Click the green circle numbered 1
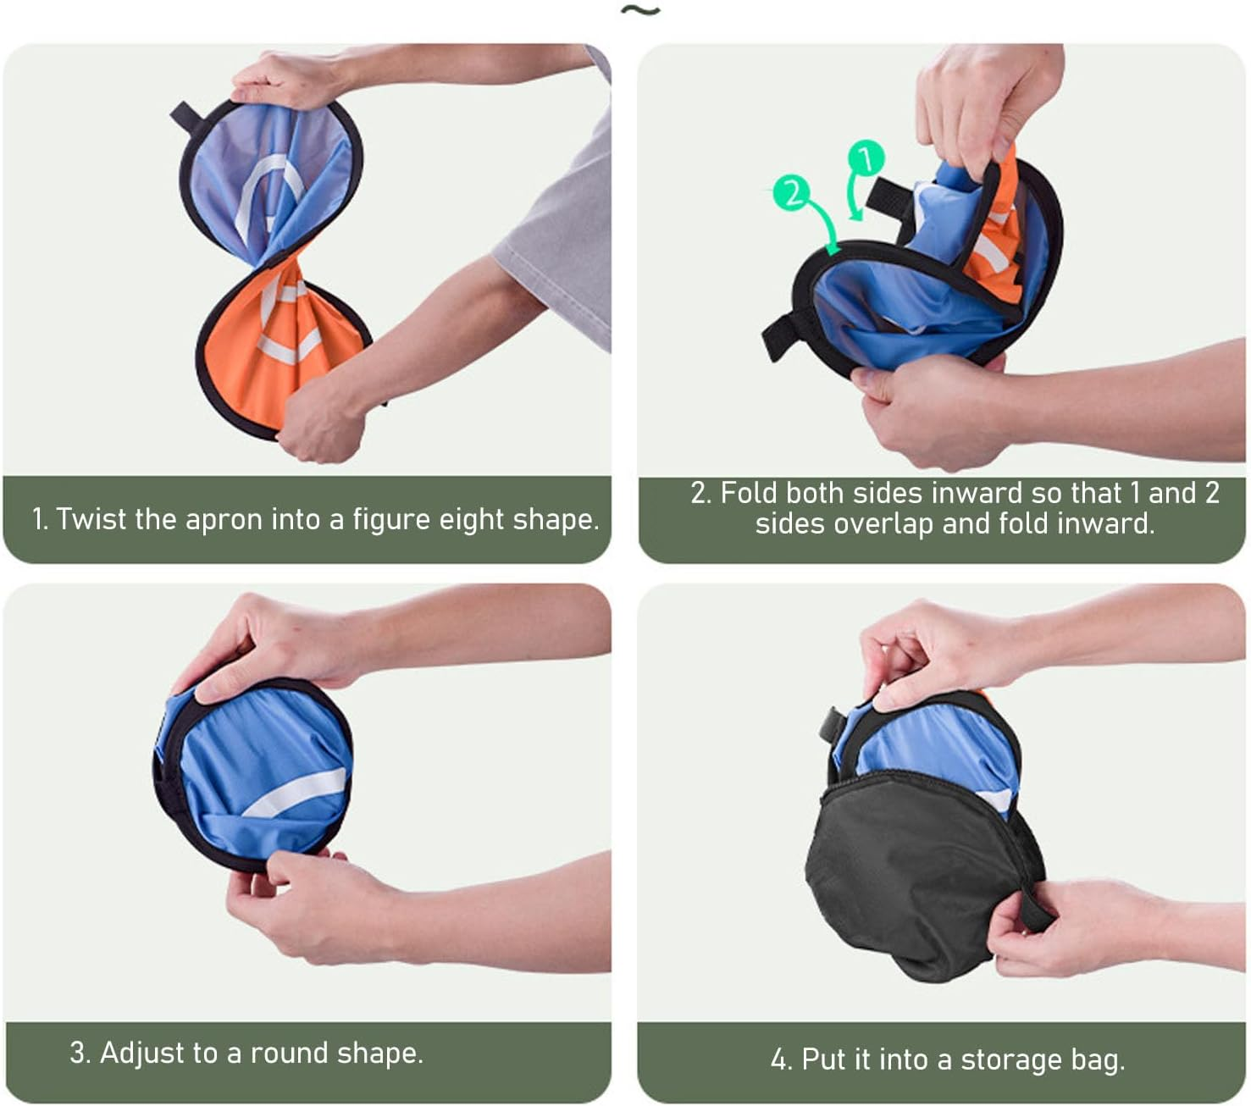pos(866,158)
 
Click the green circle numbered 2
pos(791,192)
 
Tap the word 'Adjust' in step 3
pos(142,1053)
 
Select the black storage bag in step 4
pos(920,877)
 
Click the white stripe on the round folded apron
pos(296,793)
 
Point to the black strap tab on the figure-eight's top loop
pos(186,118)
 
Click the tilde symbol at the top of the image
pos(640,10)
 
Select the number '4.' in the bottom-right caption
pos(782,1059)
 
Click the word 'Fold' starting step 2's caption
pos(746,493)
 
